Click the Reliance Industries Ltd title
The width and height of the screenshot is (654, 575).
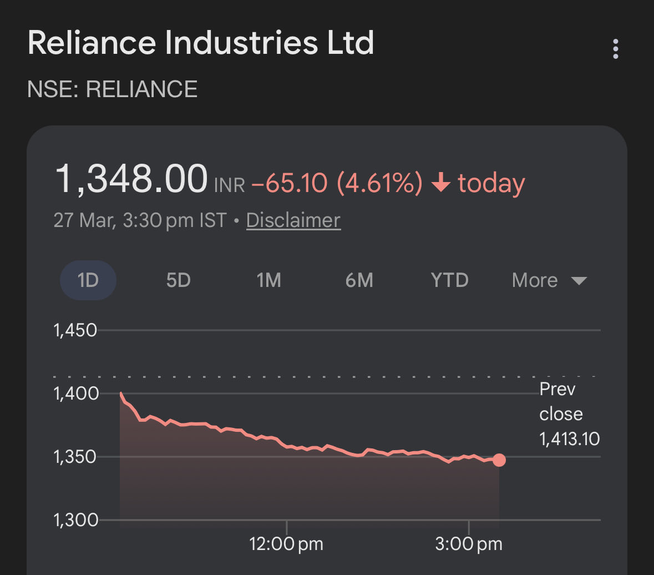pos(200,43)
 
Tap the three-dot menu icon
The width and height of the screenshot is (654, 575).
pos(615,49)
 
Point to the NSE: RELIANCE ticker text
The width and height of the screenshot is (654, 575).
pos(112,89)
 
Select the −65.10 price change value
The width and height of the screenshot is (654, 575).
pos(289,183)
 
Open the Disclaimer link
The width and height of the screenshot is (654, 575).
pos(293,220)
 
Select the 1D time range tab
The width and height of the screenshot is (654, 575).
pos(88,280)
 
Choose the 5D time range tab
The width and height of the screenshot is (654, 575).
pos(178,280)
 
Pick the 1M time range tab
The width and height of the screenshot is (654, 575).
pos(268,280)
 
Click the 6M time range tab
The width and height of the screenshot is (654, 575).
pos(359,280)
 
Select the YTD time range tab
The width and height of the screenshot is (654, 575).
pos(449,280)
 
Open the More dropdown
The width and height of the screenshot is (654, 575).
pos(549,280)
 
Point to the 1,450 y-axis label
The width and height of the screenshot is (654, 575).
pos(75,330)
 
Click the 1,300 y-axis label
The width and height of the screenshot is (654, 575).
pos(75,521)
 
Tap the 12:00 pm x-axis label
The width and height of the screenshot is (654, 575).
pos(286,544)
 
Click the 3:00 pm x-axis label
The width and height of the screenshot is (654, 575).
pos(469,544)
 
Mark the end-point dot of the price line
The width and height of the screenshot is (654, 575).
pos(499,460)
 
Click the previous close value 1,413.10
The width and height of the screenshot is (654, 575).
pos(569,440)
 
